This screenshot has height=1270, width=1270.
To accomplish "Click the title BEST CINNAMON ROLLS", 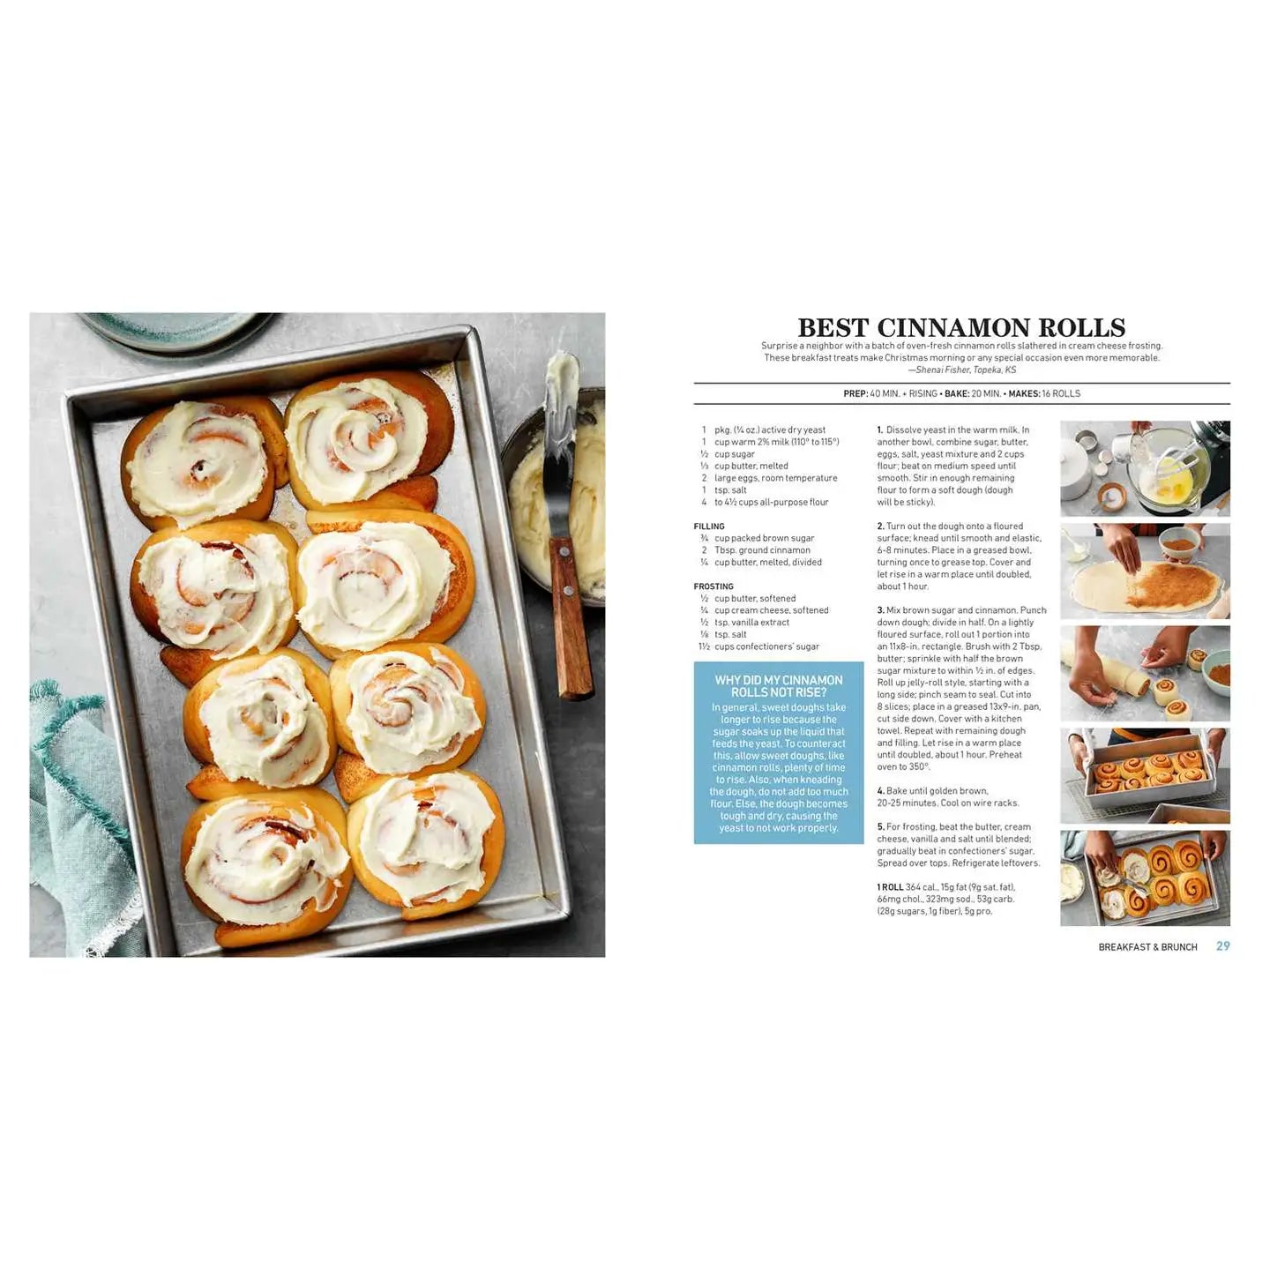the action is (x=961, y=327).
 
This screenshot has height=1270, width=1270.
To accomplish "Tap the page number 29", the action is (x=1222, y=945).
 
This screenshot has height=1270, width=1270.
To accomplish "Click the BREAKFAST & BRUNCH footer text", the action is (x=1147, y=947).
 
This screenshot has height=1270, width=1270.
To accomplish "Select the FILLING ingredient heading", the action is (x=708, y=526).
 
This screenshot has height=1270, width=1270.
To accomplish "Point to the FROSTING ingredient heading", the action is (x=713, y=586).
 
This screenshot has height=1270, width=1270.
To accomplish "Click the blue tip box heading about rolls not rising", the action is (x=779, y=686).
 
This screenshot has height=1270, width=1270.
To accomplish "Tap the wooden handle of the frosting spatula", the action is (x=571, y=619).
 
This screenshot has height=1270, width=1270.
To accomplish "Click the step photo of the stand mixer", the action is (x=1145, y=468).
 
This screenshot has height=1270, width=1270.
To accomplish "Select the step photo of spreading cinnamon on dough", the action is (x=1145, y=571).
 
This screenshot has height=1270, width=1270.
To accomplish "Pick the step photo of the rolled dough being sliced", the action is (x=1145, y=673).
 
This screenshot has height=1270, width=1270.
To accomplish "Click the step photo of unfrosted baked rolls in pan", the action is (x=1145, y=776).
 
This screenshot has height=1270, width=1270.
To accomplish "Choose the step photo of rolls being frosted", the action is (x=1145, y=878).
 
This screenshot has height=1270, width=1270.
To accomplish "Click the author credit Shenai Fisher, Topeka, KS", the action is (x=967, y=370).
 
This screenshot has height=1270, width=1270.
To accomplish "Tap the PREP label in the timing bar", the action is (x=855, y=393).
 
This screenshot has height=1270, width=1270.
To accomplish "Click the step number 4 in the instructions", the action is (x=880, y=790).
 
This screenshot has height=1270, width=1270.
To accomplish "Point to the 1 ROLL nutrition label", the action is (x=890, y=887).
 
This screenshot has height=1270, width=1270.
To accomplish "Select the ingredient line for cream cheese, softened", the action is (x=765, y=610).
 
